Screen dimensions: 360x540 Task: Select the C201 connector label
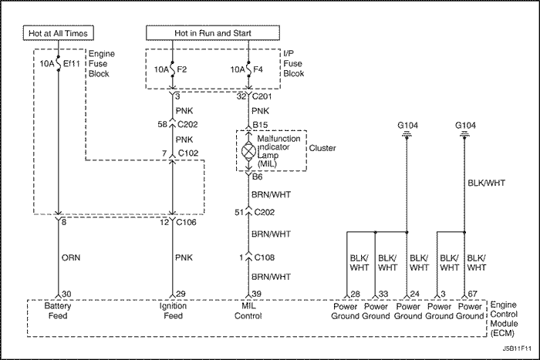[x=264, y=96]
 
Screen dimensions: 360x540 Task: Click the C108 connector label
[x=265, y=257]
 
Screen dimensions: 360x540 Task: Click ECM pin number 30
[x=66, y=294]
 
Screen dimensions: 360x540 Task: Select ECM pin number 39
[x=256, y=294]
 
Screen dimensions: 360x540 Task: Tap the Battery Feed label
[x=59, y=311]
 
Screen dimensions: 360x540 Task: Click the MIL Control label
[x=248, y=311]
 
